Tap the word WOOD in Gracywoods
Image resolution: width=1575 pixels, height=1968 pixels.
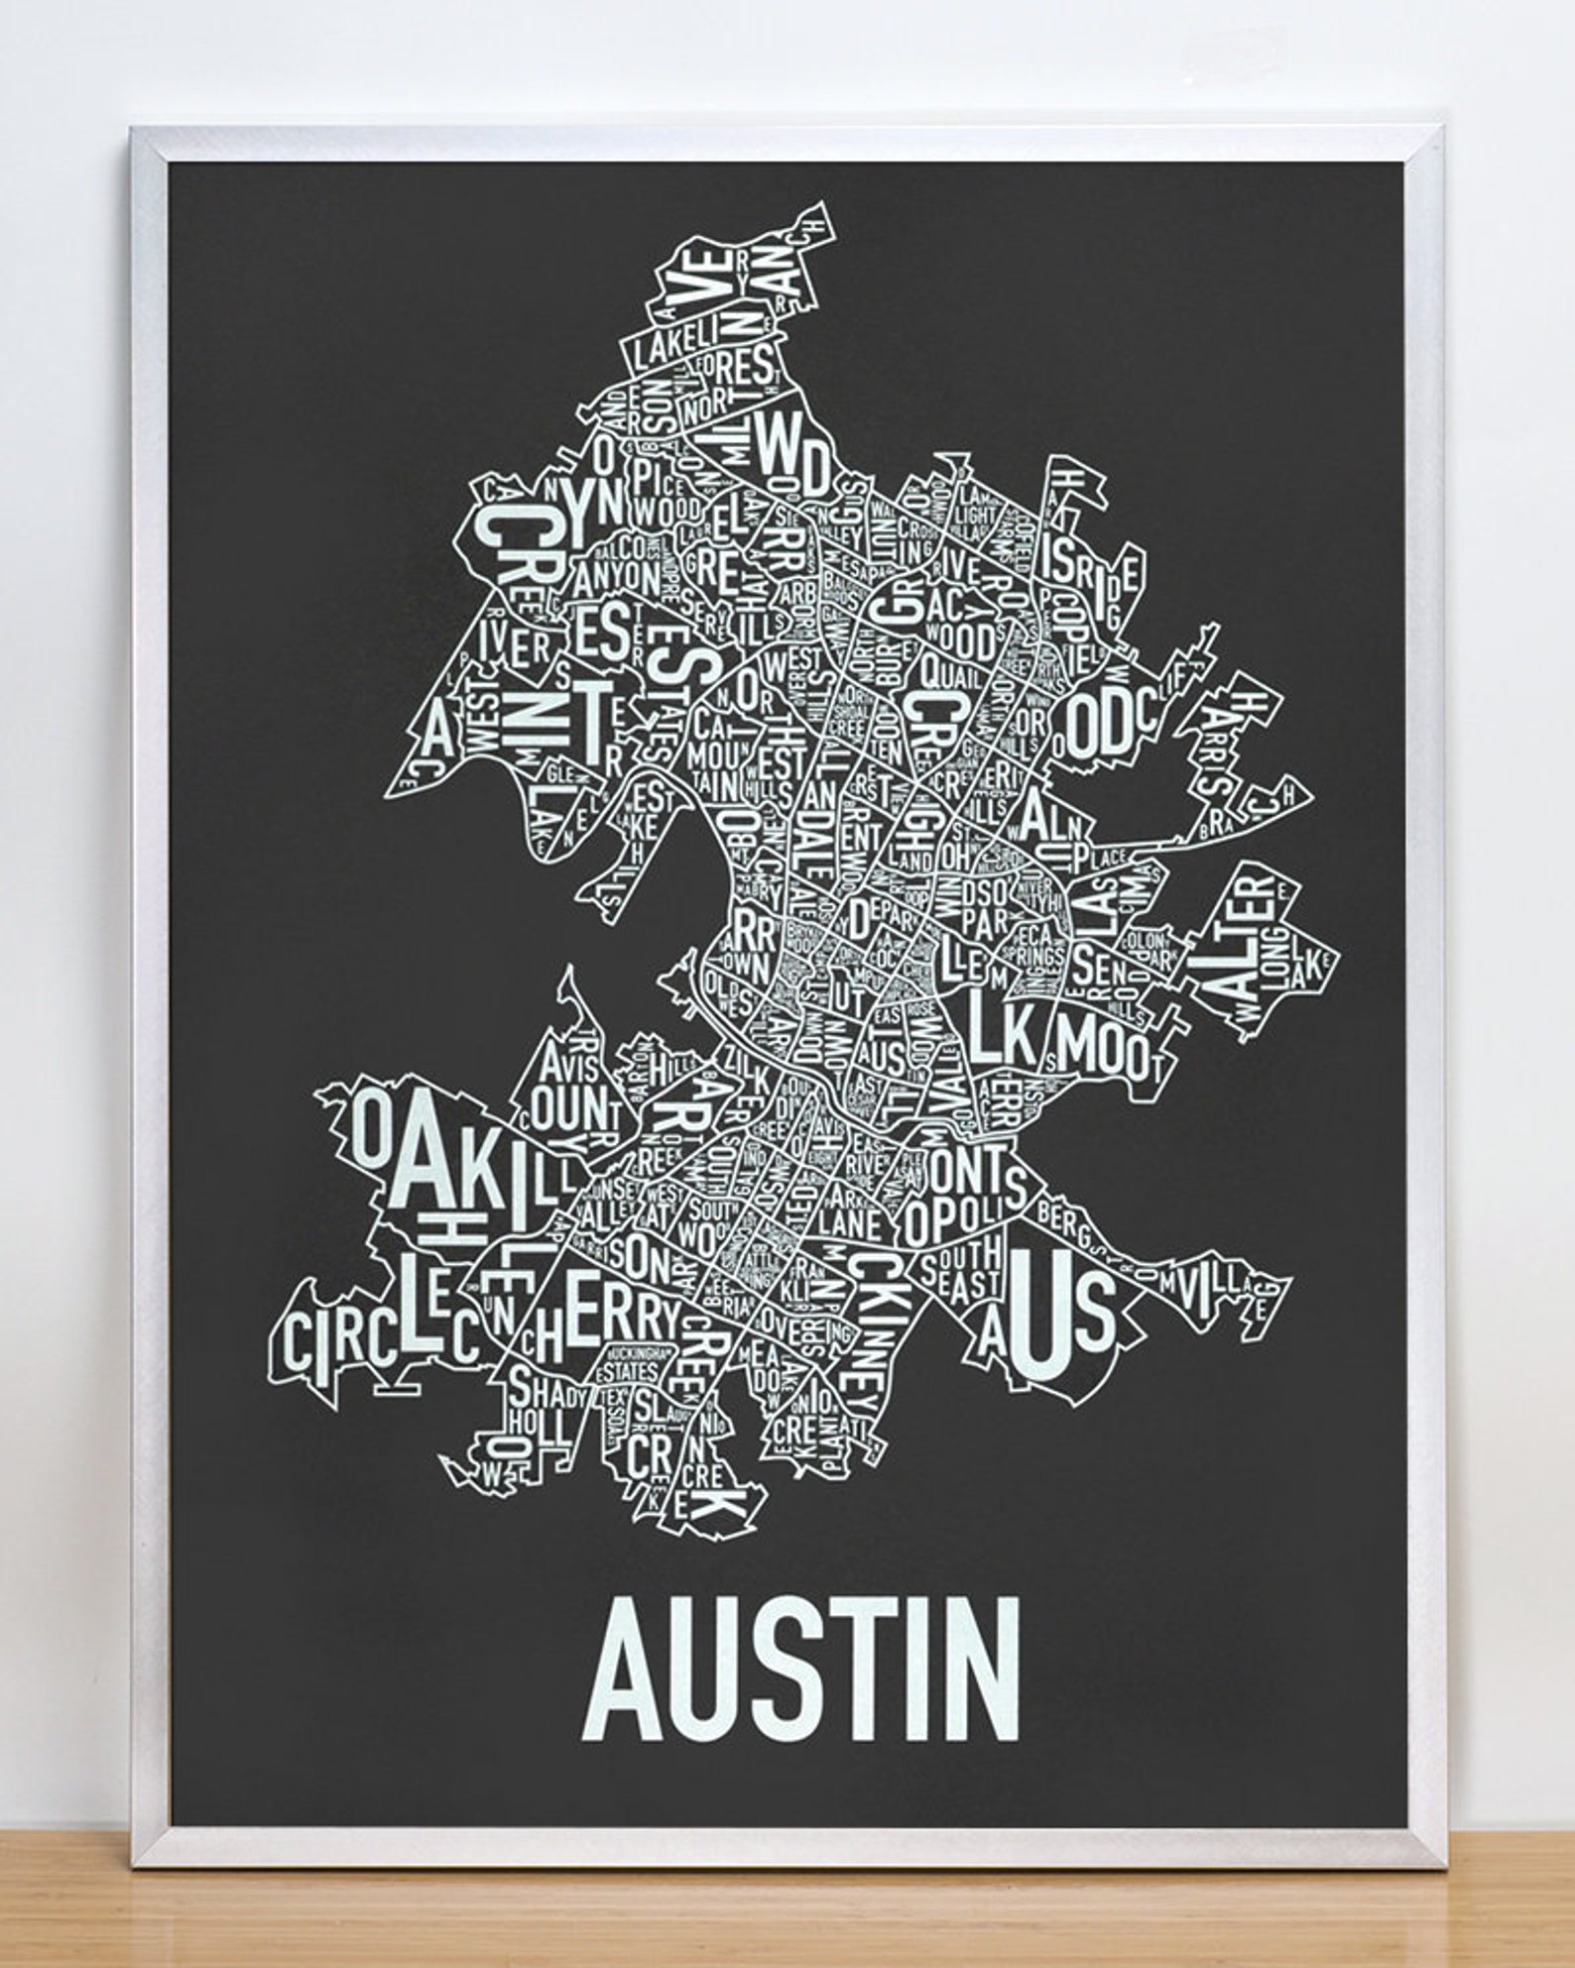(x=956, y=642)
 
